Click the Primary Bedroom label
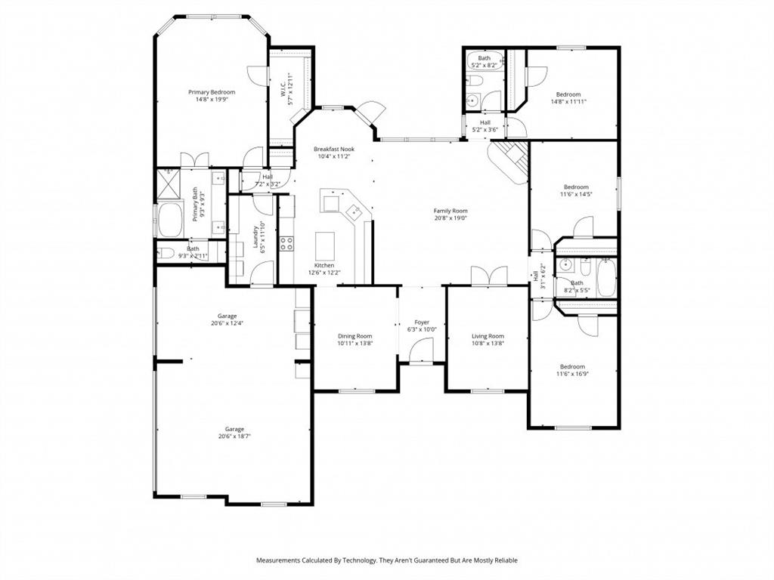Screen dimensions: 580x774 [x=212, y=92]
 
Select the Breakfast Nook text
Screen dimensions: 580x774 [x=333, y=150]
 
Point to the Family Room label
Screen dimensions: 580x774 [x=450, y=211]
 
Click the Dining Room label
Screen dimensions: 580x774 [x=354, y=336]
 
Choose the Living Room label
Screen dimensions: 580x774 [x=488, y=336]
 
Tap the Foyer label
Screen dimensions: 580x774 [x=422, y=321]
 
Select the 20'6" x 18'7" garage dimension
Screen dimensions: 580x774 [x=234, y=436]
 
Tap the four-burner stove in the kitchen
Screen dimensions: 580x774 [x=287, y=243]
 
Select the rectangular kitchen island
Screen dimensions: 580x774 [x=324, y=245]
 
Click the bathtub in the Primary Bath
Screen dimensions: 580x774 [x=169, y=218]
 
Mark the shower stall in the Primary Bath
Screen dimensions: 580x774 [x=166, y=182]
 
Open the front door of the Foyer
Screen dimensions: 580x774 [x=421, y=351]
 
